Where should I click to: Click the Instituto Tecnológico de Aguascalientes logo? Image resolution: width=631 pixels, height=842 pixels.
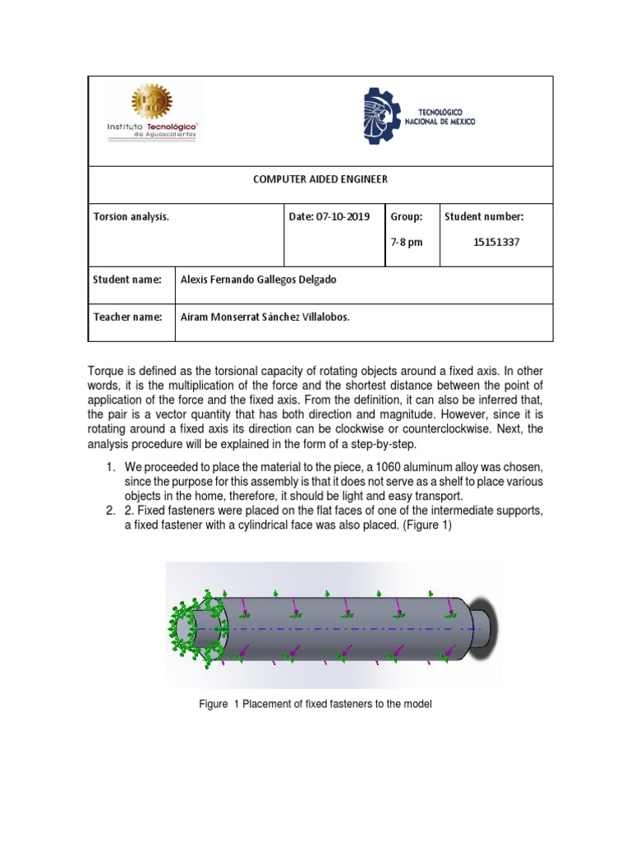click(x=152, y=113)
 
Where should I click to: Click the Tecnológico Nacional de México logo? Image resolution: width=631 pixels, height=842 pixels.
click(x=419, y=117)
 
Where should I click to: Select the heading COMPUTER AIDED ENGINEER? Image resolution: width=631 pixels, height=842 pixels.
click(x=320, y=179)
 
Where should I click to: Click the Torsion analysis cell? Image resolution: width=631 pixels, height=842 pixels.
click(x=131, y=217)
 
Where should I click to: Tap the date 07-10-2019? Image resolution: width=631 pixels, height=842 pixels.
click(x=329, y=217)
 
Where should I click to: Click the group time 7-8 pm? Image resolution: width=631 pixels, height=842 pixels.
click(x=407, y=242)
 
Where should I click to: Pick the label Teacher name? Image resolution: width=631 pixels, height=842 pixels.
click(x=127, y=317)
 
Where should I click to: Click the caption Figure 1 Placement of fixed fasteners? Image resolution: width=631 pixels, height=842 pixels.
click(x=315, y=704)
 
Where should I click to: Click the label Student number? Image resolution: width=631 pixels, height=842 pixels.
click(x=484, y=217)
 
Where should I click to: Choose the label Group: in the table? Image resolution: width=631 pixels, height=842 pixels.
click(x=407, y=217)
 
